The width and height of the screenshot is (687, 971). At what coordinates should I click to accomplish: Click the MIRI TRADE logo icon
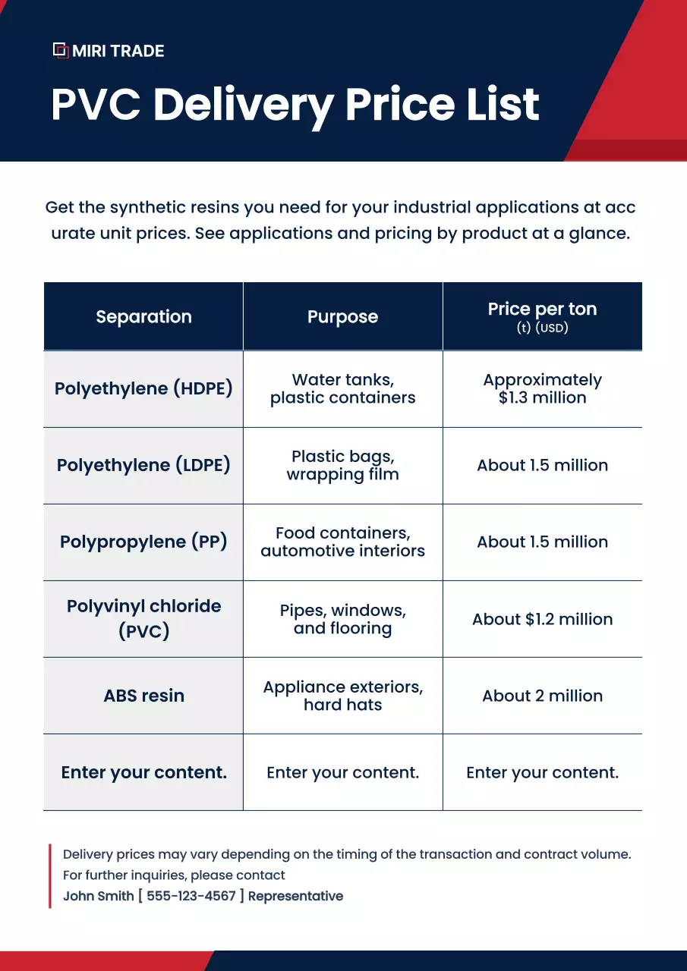(61, 51)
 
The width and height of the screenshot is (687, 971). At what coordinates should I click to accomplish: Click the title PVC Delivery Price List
(295, 105)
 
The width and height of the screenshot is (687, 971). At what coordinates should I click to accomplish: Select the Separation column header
(143, 317)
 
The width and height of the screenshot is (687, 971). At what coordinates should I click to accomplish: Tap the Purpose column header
(342, 317)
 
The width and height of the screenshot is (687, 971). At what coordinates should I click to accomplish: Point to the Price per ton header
(542, 316)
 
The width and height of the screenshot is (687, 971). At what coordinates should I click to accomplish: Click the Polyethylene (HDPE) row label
(143, 389)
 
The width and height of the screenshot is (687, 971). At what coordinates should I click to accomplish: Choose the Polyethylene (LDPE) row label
(143, 466)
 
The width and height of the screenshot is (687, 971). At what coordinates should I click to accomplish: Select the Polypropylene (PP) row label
(143, 542)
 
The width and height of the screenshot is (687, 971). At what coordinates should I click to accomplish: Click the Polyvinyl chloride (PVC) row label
(143, 618)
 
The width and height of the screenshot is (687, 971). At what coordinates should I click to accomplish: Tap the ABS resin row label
(143, 696)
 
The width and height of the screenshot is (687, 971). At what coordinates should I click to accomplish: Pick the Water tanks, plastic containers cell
(342, 389)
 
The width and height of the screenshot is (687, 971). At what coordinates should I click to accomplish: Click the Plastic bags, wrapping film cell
(342, 466)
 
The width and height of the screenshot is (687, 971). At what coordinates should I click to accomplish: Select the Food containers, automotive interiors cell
(342, 542)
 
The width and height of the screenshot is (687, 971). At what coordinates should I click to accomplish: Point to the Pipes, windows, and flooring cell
(342, 619)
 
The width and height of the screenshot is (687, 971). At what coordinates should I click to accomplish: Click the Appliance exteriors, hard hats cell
(342, 696)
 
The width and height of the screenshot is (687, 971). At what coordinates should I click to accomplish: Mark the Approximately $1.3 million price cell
(542, 389)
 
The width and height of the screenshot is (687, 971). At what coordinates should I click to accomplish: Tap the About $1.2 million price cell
(542, 619)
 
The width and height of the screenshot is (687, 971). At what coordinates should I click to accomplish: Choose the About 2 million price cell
(542, 696)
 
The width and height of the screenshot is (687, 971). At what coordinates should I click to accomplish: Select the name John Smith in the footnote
(98, 896)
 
